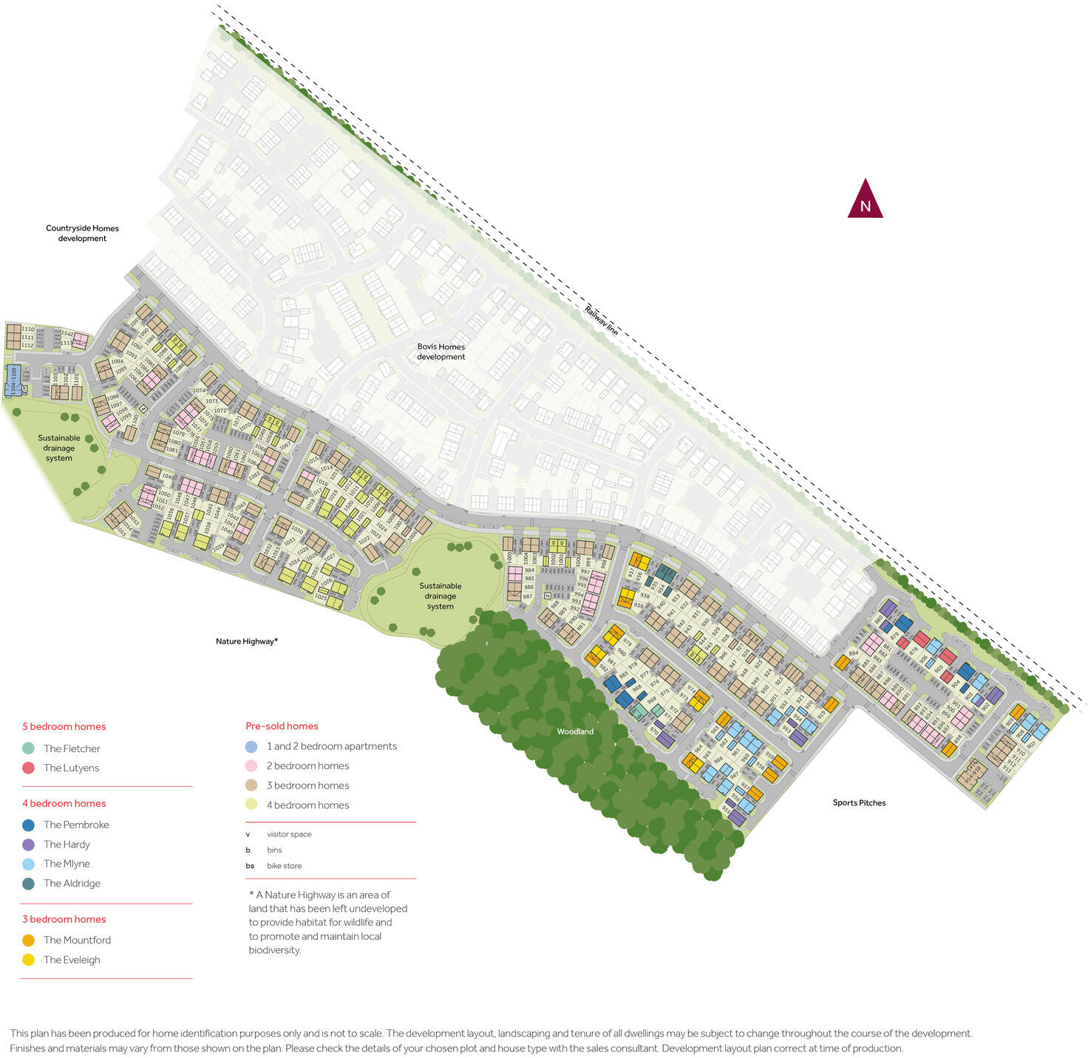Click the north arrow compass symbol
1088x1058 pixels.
pyautogui.click(x=865, y=199)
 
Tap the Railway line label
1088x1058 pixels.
pyautogui.click(x=601, y=321)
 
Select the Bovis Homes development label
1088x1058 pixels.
pyautogui.click(x=441, y=352)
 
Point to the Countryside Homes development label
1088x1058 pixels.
pyautogui.click(x=82, y=233)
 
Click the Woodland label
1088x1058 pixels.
pyautogui.click(x=575, y=731)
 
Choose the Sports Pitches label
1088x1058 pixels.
pyautogui.click(x=859, y=802)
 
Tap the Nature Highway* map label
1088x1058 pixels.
pyautogui.click(x=247, y=641)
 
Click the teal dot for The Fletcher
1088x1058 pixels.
pyautogui.click(x=29, y=748)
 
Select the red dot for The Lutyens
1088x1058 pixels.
pyautogui.click(x=29, y=768)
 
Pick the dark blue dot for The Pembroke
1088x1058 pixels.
pyautogui.click(x=29, y=825)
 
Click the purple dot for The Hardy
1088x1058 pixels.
pyautogui.click(x=29, y=844)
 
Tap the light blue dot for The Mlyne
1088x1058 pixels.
pyautogui.click(x=29, y=864)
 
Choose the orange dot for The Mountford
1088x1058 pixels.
pyautogui.click(x=29, y=941)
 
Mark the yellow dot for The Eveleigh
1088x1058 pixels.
pyautogui.click(x=29, y=960)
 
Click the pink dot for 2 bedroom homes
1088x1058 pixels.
pyautogui.click(x=251, y=766)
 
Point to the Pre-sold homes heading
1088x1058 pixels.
pyautogui.click(x=282, y=726)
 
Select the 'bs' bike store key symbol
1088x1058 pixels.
pyautogui.click(x=250, y=866)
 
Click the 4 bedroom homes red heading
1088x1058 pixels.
pyautogui.click(x=64, y=803)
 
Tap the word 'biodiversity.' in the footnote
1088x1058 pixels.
pyautogui.click(x=275, y=950)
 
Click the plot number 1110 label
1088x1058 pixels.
pyautogui.click(x=27, y=330)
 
